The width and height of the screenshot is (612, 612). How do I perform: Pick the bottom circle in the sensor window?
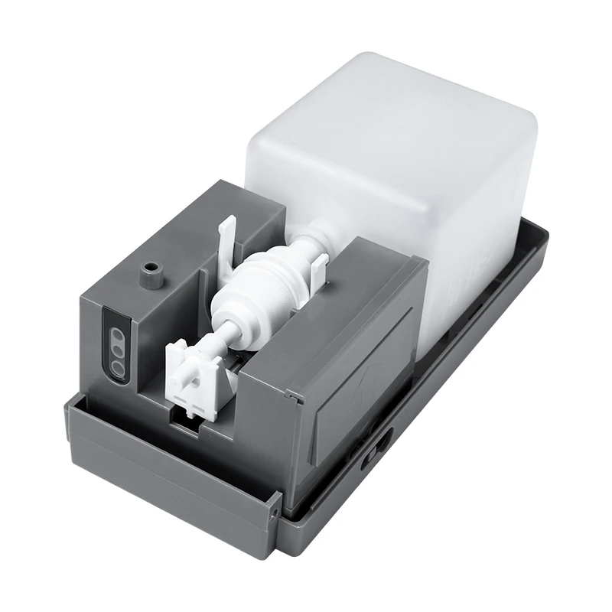pos(119,366)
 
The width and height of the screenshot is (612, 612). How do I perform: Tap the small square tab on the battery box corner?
pos(292,395)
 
